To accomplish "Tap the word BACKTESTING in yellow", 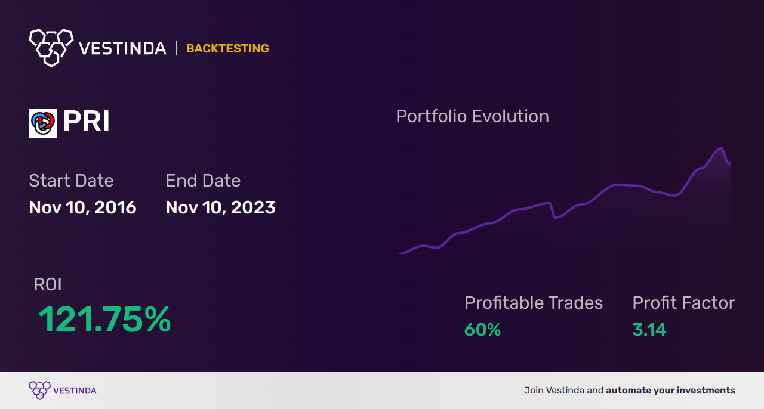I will [x=227, y=48].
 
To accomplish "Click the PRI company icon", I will [x=43, y=123].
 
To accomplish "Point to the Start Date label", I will [x=71, y=181].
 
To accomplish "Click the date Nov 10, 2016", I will [x=82, y=207].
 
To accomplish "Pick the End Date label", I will [x=203, y=181].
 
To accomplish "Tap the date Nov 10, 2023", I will [x=220, y=207].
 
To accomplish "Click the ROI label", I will [x=48, y=284].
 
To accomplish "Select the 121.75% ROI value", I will [x=104, y=320].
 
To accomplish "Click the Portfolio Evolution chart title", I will [x=472, y=116].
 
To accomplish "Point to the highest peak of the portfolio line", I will [x=721, y=148].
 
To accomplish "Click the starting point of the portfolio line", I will [x=401, y=253].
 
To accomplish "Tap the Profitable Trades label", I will [x=534, y=303].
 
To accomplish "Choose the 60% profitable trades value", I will [x=482, y=330].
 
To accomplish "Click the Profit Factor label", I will [x=683, y=303].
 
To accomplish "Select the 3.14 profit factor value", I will [x=649, y=330].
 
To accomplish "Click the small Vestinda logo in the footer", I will [x=40, y=390].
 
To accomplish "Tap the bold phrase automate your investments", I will [x=670, y=391].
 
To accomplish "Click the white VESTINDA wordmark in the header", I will [x=122, y=48].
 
